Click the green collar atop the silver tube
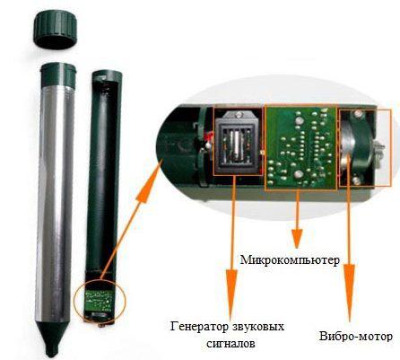pyautogui.click(x=58, y=75)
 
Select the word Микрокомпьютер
pyautogui.click(x=290, y=259)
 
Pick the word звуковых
pyautogui.click(x=257, y=327)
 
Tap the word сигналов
pyautogui.click(x=230, y=343)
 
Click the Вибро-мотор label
pyautogui.click(x=356, y=337)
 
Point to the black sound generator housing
pyautogui.click(x=238, y=141)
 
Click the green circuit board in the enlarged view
pyautogui.click(x=300, y=147)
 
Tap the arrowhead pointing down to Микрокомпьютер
pyautogui.click(x=297, y=239)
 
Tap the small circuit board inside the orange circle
pyautogui.click(x=100, y=301)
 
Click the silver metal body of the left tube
pyautogui.click(x=55, y=205)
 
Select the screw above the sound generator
pyautogui.click(x=239, y=114)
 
